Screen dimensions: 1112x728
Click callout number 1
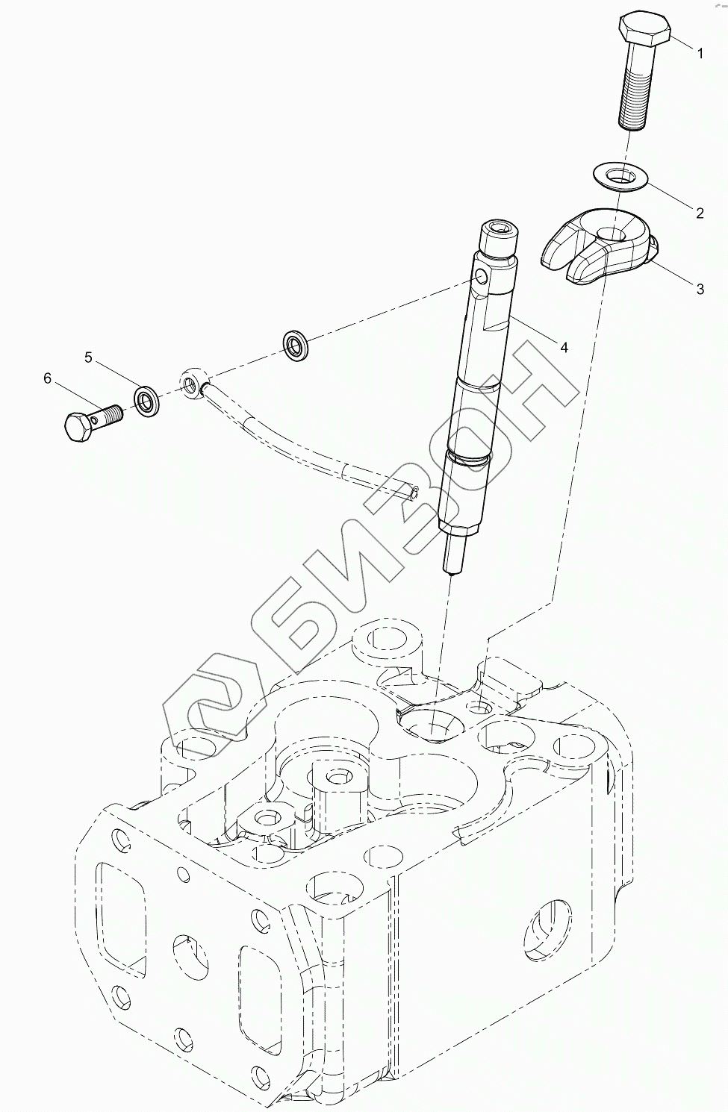[x=700, y=53]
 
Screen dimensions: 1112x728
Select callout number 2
[x=700, y=213]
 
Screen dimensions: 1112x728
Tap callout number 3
[x=700, y=290]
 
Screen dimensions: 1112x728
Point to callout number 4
[x=564, y=347]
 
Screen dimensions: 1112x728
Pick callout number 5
[x=89, y=357]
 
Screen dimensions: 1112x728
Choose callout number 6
[x=48, y=378]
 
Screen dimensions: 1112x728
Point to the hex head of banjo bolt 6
[x=78, y=428]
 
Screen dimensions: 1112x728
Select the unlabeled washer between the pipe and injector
[x=296, y=344]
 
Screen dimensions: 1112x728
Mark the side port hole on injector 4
[x=481, y=278]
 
